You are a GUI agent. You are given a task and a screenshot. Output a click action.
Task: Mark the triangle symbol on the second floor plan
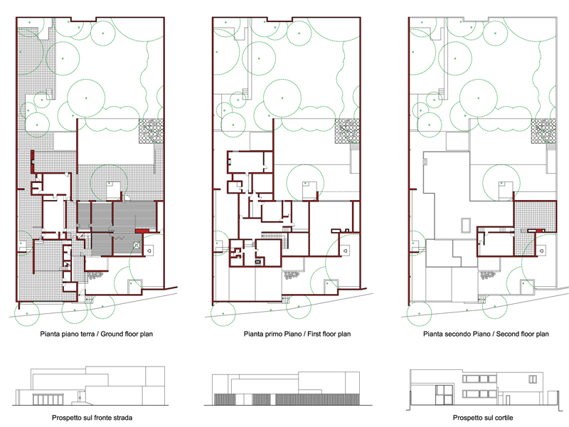tap(542, 251)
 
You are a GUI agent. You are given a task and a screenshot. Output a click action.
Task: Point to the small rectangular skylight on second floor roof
tap(465, 225)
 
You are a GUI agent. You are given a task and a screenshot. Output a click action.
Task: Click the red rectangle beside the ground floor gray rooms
tap(143, 231)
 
